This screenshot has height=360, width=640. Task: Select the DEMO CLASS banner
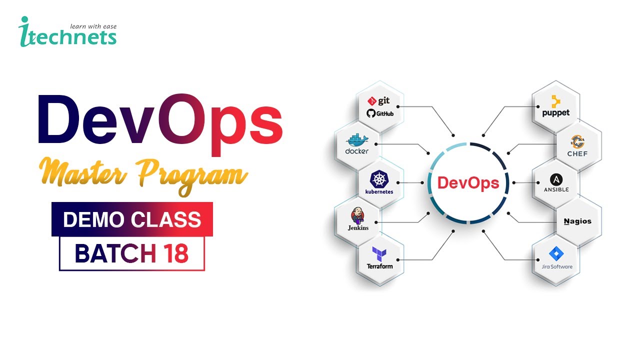[x=132, y=219]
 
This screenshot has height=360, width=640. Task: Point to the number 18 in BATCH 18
[x=175, y=254]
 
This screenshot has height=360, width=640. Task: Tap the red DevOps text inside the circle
[x=468, y=183]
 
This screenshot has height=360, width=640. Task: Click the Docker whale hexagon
[x=357, y=145]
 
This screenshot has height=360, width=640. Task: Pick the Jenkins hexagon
[x=358, y=220]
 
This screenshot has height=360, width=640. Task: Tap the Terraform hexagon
[x=379, y=258]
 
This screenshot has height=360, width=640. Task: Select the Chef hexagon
[x=577, y=145]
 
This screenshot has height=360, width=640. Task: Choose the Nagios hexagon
[x=577, y=221]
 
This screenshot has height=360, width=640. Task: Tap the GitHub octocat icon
[x=371, y=113]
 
